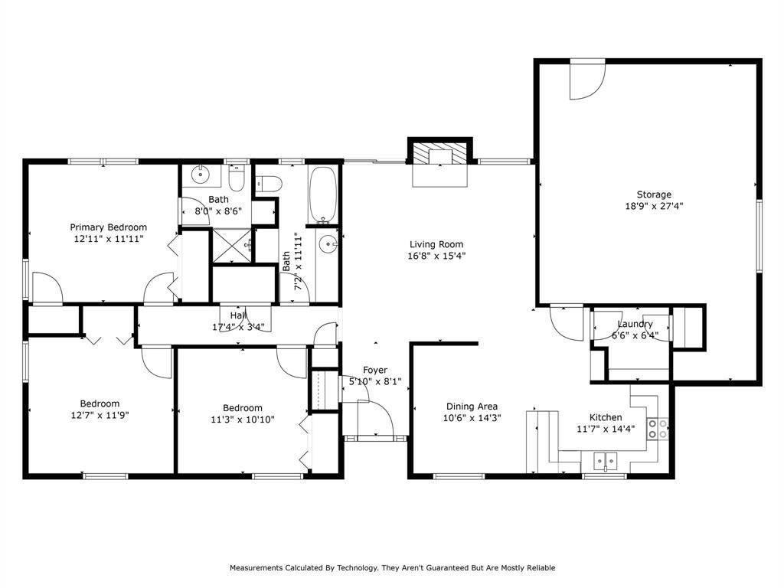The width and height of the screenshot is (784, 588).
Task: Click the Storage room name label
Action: coord(654,194)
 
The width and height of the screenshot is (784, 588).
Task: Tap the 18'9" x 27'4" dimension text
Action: coord(654,206)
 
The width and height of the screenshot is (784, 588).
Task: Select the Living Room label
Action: coord(437,244)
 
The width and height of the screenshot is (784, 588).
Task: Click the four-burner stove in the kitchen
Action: coord(658,429)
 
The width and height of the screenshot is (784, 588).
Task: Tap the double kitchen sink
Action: coord(606,462)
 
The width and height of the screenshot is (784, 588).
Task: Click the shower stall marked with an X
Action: coord(233,245)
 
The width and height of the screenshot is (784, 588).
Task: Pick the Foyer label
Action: coord(374,371)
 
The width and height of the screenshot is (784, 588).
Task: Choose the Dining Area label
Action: coord(472,407)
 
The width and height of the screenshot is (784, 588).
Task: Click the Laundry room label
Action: coord(635,324)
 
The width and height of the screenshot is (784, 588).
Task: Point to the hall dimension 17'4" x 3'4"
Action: coord(238,327)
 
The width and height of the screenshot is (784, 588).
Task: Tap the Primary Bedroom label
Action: coord(108,227)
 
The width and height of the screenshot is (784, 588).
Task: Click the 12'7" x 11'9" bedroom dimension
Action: coord(100,416)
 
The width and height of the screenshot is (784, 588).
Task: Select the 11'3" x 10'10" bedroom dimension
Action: coord(242,420)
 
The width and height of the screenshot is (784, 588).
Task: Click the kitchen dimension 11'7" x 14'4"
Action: coord(605,429)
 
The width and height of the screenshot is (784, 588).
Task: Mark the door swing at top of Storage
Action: coord(586,80)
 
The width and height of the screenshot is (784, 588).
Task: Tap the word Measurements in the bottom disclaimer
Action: coord(259,568)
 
